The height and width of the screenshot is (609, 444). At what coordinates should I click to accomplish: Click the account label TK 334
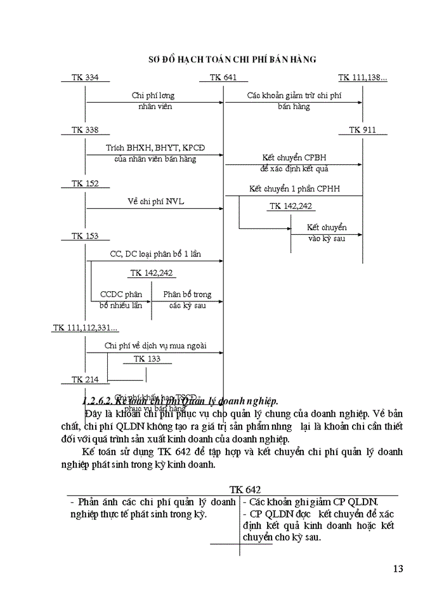85,77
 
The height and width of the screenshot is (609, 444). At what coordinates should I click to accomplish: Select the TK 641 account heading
223,77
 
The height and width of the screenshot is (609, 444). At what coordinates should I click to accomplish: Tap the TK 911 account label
362,130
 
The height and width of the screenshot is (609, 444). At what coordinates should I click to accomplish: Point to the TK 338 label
85,130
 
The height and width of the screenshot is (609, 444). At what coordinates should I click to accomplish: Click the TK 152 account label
85,183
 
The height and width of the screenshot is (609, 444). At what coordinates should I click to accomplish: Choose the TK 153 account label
85,236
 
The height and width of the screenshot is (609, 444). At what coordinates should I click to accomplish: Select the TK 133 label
147,359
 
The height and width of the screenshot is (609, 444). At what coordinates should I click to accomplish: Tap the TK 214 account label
85,379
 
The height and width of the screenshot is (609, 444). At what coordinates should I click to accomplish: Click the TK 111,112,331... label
85,328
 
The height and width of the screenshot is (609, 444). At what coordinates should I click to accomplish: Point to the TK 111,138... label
362,77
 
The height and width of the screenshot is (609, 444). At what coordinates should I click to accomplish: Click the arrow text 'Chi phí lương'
153,96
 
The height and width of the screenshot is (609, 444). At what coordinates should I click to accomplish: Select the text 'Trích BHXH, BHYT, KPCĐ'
155,148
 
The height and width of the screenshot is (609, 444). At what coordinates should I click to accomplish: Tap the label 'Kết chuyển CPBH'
294,157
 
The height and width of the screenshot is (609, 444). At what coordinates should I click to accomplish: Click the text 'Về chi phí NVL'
155,202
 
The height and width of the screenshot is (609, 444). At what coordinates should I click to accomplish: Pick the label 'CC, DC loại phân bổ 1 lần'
155,254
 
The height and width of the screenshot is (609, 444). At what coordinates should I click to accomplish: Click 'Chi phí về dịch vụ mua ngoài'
155,346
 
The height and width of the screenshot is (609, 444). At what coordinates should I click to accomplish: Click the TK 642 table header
245,490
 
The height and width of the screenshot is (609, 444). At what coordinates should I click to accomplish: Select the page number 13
398,568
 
